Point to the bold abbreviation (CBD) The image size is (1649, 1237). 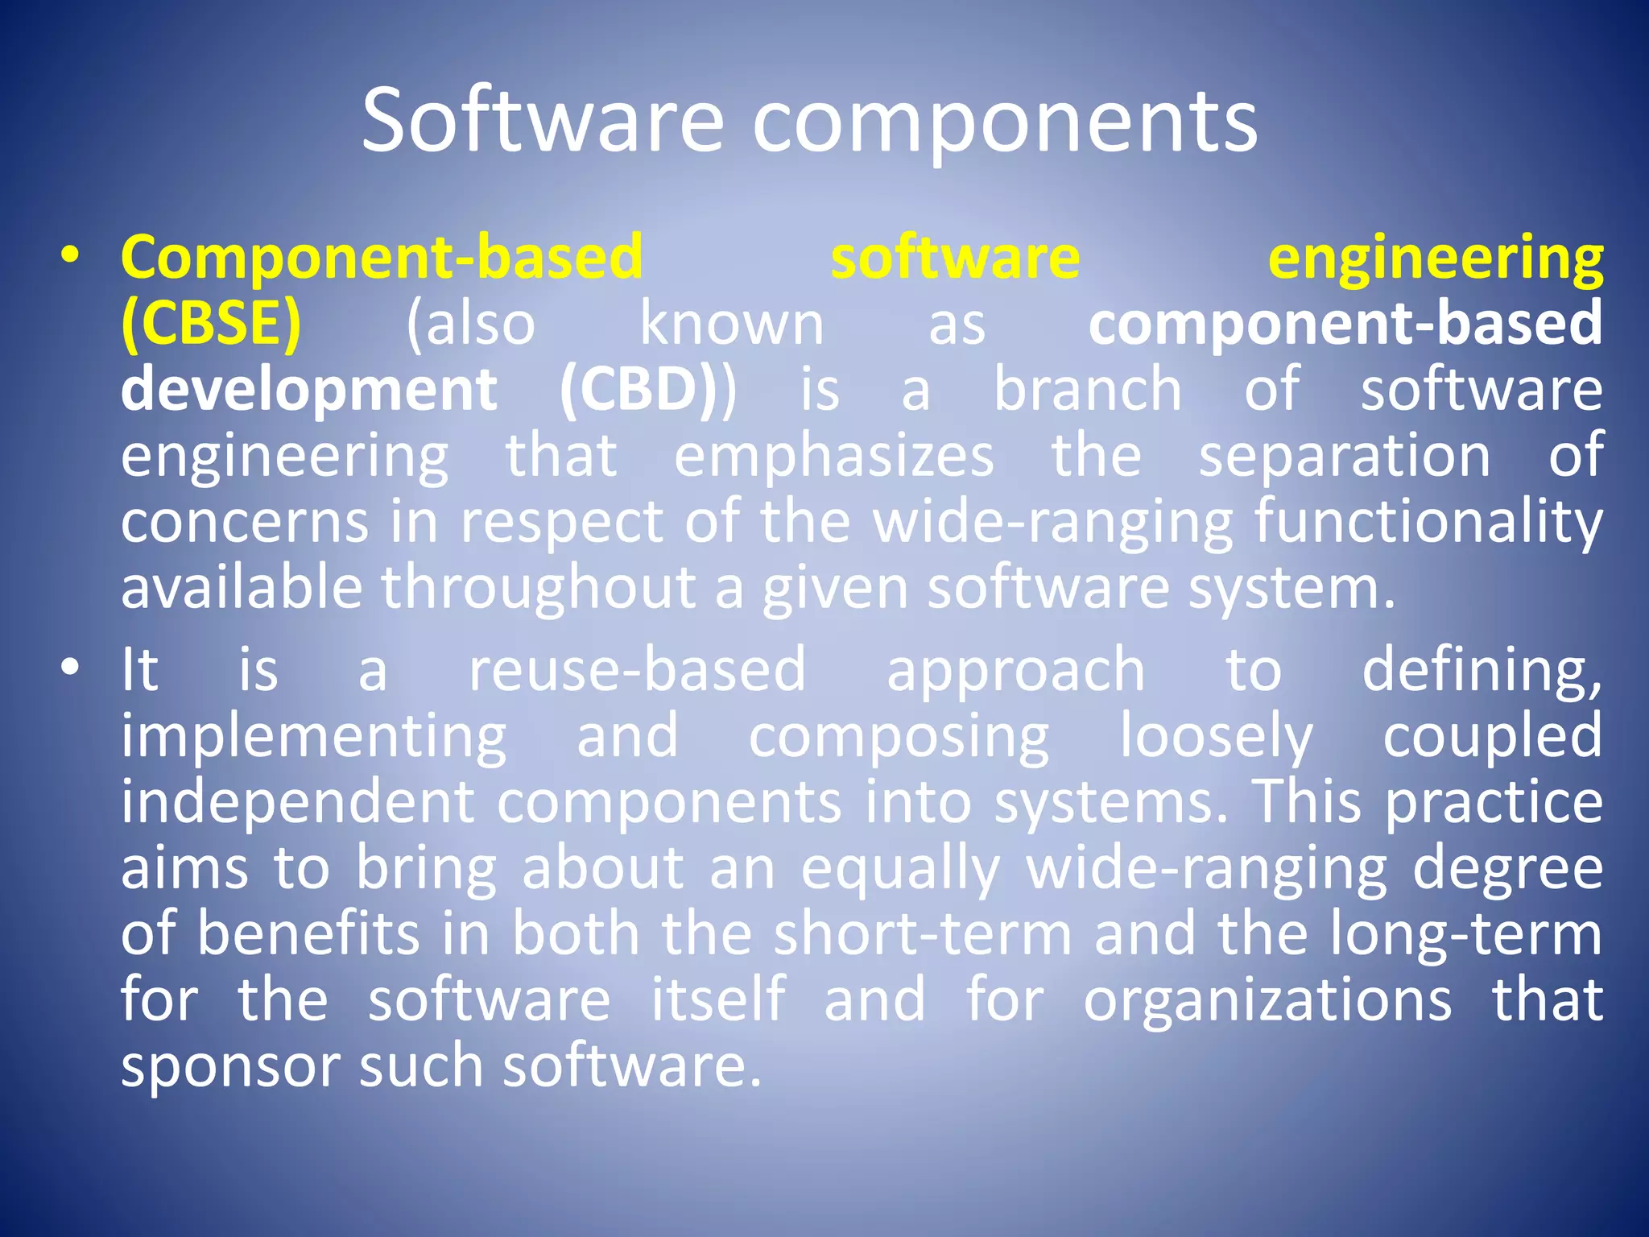click(639, 390)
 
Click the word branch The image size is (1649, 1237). click(1087, 389)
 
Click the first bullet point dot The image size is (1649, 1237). click(71, 256)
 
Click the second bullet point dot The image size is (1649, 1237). click(71, 668)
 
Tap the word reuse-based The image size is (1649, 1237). click(637, 669)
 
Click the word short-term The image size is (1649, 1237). click(923, 934)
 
